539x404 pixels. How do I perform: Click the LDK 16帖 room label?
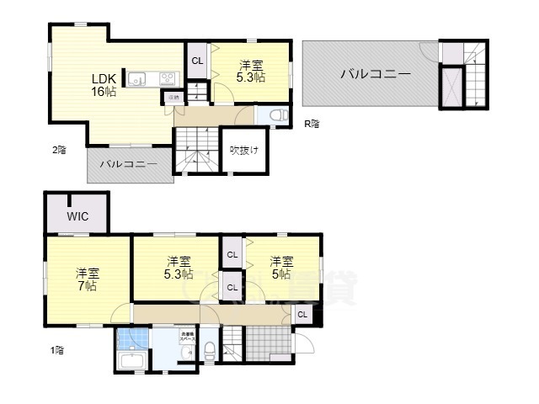pyautogui.click(x=104, y=85)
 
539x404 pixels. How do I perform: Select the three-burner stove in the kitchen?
pyautogui.click(x=167, y=80)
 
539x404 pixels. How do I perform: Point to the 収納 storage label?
pyautogui.click(x=173, y=98)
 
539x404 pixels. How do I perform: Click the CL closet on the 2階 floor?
pyautogui.click(x=196, y=60)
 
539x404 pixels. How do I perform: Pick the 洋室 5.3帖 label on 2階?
pyautogui.click(x=250, y=71)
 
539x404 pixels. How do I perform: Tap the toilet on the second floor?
pyautogui.click(x=280, y=116)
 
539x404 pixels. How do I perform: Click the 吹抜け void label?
pyautogui.click(x=244, y=151)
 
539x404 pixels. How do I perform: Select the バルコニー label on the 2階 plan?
pyautogui.click(x=129, y=164)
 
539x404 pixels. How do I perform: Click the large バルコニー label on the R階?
pyautogui.click(x=376, y=75)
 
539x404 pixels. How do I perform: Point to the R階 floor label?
pyautogui.click(x=312, y=124)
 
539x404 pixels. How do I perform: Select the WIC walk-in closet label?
pyautogui.click(x=77, y=216)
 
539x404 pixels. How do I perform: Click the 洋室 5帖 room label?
pyautogui.click(x=280, y=268)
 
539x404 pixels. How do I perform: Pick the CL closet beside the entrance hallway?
pyautogui.click(x=302, y=315)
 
